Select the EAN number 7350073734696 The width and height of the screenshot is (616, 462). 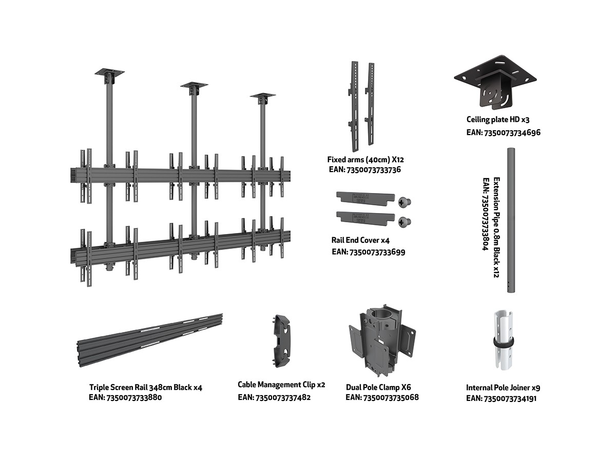503,132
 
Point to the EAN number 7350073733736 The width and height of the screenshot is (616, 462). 364,169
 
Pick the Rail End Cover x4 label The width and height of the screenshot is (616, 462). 360,240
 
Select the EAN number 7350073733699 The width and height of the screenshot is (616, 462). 369,252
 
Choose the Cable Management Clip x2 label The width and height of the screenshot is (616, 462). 281,384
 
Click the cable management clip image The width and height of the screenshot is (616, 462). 280,341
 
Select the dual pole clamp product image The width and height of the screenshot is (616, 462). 381,341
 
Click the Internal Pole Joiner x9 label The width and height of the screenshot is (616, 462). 503,388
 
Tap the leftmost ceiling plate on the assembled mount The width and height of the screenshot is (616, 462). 111,73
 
